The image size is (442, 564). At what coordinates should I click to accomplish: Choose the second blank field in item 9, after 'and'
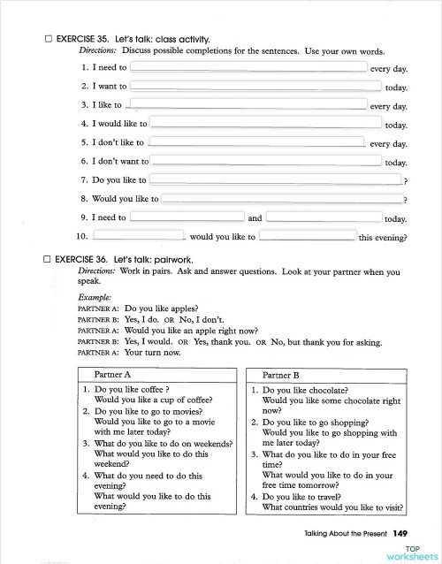[324, 217]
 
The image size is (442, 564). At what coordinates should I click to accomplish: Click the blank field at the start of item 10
[139, 236]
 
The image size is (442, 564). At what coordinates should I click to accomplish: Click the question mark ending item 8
[404, 199]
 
